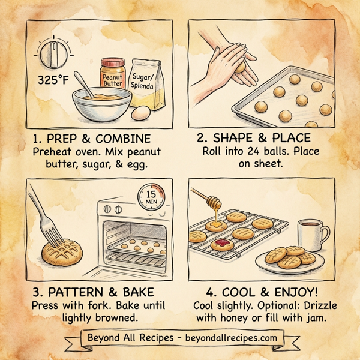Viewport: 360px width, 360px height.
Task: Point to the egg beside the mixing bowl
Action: pos(140,112)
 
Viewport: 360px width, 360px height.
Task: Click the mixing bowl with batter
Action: pos(100,105)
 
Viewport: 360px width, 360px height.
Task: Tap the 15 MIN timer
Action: pos(151,197)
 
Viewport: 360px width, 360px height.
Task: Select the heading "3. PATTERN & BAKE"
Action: pos(93,292)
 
